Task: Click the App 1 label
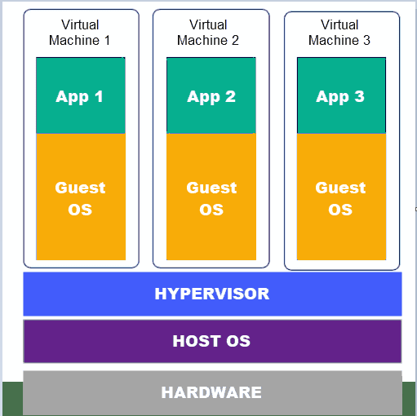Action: tap(79, 97)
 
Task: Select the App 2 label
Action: tap(211, 97)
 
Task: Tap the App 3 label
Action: tap(340, 97)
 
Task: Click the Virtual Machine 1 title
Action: tap(80, 33)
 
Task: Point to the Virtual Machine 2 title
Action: tap(208, 33)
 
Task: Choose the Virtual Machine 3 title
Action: tap(339, 33)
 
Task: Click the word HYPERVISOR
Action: tap(212, 294)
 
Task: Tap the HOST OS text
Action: tap(211, 341)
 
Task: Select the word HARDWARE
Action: tap(211, 392)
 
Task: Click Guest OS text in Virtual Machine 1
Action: tap(80, 198)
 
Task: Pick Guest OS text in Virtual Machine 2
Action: tap(211, 198)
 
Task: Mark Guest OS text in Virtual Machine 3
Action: tap(340, 198)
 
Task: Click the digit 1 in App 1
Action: tap(99, 96)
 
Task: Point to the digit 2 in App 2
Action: tap(230, 96)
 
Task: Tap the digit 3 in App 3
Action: tap(359, 96)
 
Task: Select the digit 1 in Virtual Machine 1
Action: tap(108, 40)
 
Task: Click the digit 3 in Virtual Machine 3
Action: tap(366, 40)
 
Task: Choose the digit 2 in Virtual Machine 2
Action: tap(235, 40)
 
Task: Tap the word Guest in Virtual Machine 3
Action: tap(340, 188)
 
